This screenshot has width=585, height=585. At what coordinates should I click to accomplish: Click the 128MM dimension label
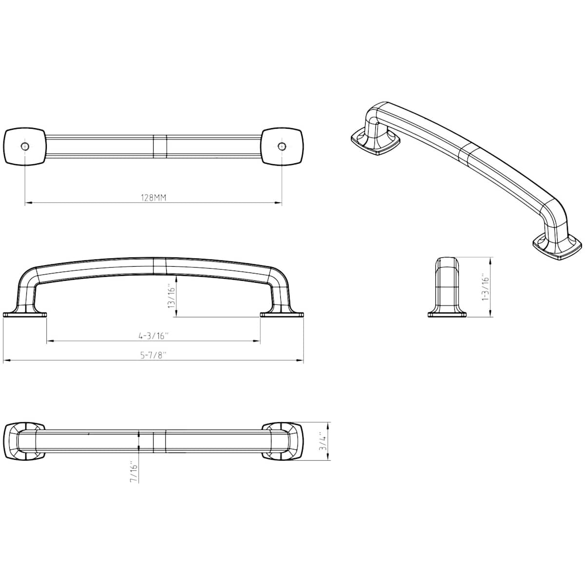click(154, 198)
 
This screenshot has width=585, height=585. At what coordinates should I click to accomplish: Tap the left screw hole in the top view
click(25, 146)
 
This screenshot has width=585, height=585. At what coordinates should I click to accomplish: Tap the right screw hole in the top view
click(282, 146)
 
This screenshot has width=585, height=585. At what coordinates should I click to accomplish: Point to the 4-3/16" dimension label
click(153, 335)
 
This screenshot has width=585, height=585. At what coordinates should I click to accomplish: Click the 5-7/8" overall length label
click(153, 355)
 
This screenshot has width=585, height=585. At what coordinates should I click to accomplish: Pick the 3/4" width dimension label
click(324, 443)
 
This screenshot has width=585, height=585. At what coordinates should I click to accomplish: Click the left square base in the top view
click(25, 147)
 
